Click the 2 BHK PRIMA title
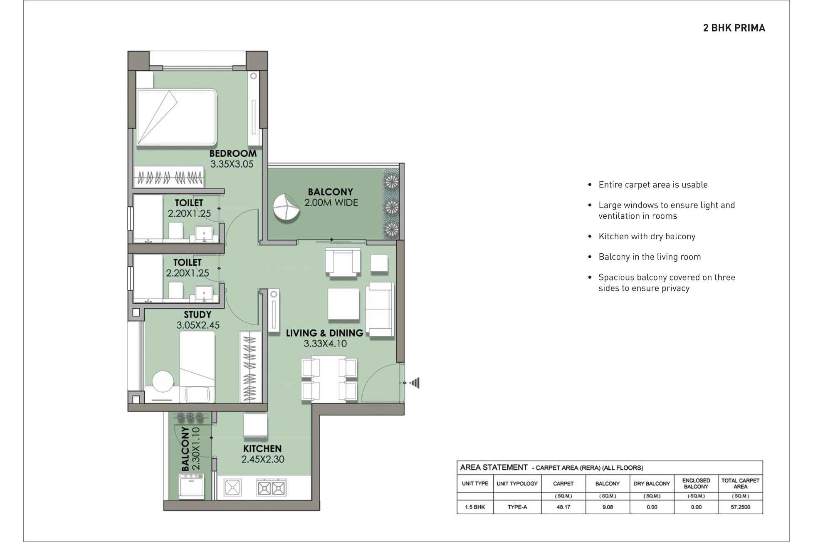coord(734,28)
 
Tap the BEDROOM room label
coord(233,153)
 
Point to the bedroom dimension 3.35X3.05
coord(232,164)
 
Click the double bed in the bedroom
coord(177,118)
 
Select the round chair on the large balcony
coord(286,208)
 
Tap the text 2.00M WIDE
coord(331,203)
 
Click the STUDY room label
coord(198,315)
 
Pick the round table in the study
coord(163,381)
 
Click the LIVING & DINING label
coord(325,333)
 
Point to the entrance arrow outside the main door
coord(415,383)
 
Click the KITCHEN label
coord(262,449)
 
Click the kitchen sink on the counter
coord(232,488)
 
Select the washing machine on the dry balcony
coord(191,486)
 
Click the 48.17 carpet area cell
coord(563,507)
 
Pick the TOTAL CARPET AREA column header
coord(740,483)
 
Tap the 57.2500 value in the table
coord(740,507)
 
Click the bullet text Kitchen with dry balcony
coord(647,236)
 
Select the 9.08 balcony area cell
coord(607,507)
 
